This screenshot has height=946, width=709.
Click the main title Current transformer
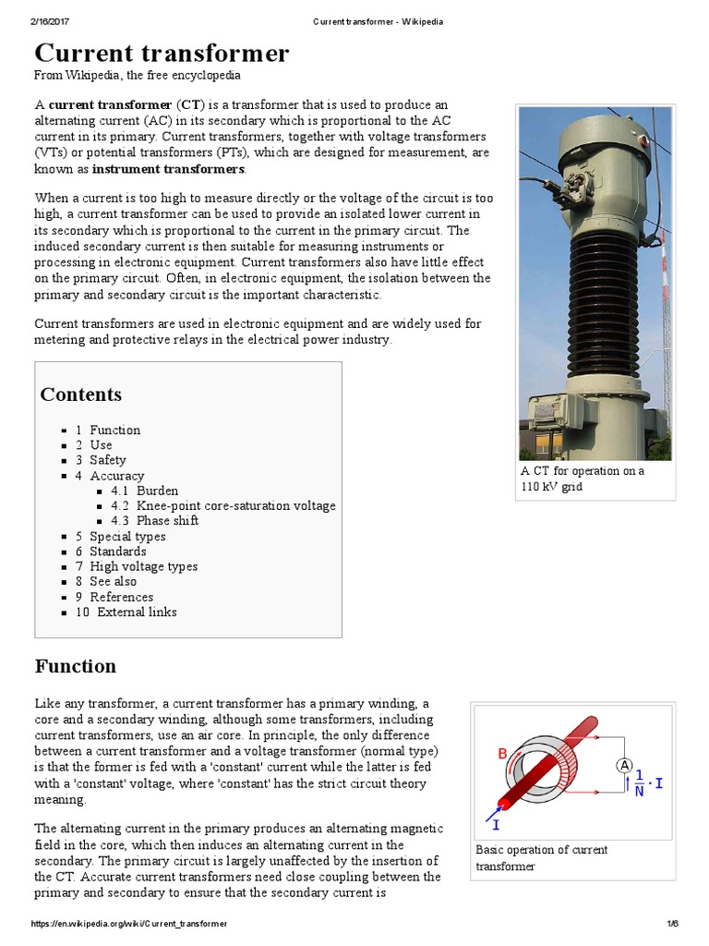(x=162, y=52)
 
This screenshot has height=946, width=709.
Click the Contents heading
(x=80, y=394)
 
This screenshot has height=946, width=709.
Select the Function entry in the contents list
(x=114, y=430)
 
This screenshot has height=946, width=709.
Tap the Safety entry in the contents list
(x=107, y=460)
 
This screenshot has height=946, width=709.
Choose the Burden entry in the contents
(x=157, y=491)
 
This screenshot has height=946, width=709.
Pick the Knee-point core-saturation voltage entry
(x=235, y=505)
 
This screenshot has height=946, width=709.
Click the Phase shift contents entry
(x=167, y=520)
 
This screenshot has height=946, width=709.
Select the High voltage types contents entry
(x=143, y=566)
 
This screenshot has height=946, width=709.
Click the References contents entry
(x=121, y=597)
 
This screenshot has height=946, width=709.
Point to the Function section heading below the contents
(x=76, y=666)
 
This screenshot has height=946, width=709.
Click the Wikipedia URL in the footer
(x=128, y=924)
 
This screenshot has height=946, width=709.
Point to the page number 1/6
(x=671, y=924)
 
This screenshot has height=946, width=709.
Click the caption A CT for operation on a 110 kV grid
(x=583, y=479)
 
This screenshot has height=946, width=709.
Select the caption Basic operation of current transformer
(x=541, y=858)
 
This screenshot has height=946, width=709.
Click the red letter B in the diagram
(x=503, y=753)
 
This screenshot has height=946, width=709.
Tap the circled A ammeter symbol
(x=625, y=765)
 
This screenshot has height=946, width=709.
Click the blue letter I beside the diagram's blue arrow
(x=497, y=823)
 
